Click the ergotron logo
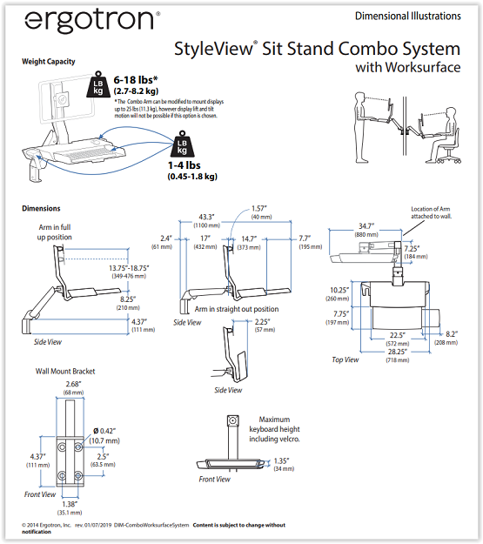tap(92, 22)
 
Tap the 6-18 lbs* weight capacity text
tap(136, 80)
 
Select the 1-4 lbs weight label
tap(184, 165)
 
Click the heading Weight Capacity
tap(49, 62)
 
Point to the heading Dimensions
tap(41, 208)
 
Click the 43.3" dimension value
tap(206, 217)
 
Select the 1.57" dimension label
tap(259, 208)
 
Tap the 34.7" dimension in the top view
tap(366, 226)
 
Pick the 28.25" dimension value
tap(398, 352)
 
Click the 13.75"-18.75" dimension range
tap(129, 268)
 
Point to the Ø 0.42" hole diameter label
tap(104, 431)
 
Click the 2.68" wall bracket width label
tap(74, 384)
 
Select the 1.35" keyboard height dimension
tap(281, 460)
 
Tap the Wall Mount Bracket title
tap(65, 371)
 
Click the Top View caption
tap(345, 359)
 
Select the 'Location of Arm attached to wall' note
tap(432, 212)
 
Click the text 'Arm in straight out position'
tap(237, 309)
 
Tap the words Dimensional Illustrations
tap(408, 16)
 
